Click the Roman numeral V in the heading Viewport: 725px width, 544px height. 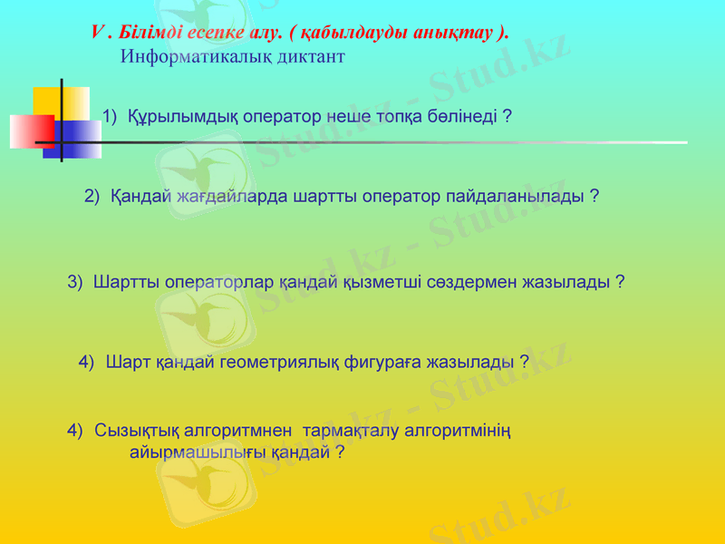tap(97, 32)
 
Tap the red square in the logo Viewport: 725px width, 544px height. tap(31, 131)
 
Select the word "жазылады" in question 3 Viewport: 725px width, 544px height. tap(571, 282)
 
